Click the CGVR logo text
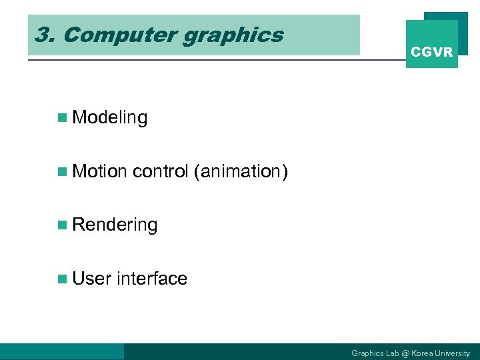point(431,52)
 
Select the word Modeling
point(109,118)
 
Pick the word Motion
point(99,171)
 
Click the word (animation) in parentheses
point(240,172)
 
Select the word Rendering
point(115,225)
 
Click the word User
point(91,279)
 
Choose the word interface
point(151,279)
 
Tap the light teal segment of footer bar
point(62,351)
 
